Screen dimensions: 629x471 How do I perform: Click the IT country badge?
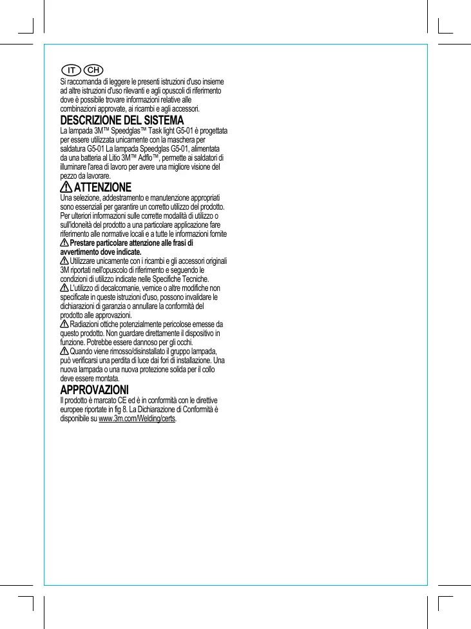pos(72,70)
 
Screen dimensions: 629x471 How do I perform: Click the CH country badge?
pos(94,70)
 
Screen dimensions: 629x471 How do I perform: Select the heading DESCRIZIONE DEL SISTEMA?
pos(122,121)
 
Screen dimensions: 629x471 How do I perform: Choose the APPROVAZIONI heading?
pos(94,391)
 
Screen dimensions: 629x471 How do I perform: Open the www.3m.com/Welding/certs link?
pos(137,419)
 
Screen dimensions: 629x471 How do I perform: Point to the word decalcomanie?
pos(117,288)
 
